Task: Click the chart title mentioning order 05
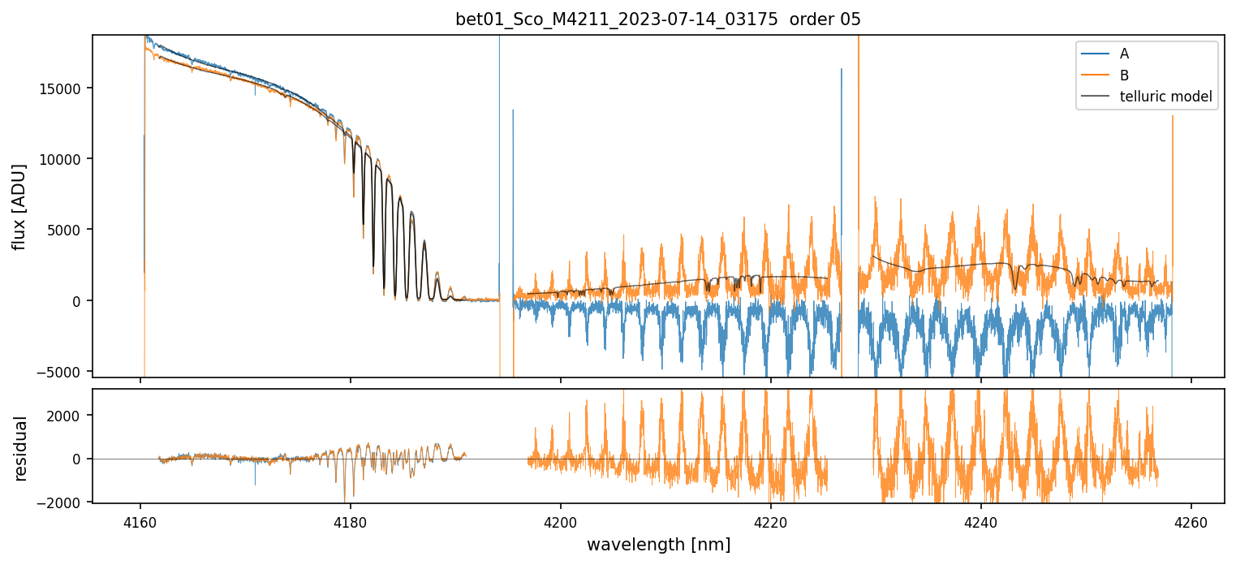[x=658, y=19]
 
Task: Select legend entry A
[x=1124, y=54]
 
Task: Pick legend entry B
[x=1124, y=75]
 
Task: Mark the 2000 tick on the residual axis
[x=72, y=416]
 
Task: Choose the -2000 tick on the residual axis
[x=69, y=502]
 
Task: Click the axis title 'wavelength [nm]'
[x=658, y=544]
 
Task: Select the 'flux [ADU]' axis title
[x=19, y=206]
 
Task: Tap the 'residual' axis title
[x=20, y=448]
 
